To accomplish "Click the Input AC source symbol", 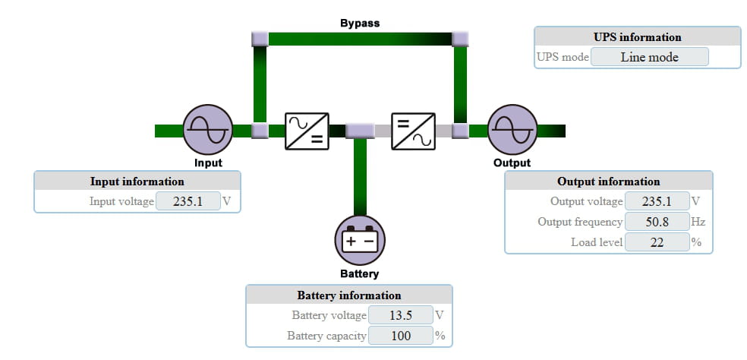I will [x=207, y=130].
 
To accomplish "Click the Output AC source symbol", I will [x=512, y=130].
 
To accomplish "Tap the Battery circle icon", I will [x=360, y=241].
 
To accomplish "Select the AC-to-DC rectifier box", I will [x=307, y=131].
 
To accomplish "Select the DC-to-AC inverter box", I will [x=413, y=131].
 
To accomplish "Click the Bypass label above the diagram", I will [x=360, y=23].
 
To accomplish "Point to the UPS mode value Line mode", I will [x=649, y=57].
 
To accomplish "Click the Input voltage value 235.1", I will [x=188, y=202].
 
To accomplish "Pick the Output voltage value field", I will [x=656, y=202].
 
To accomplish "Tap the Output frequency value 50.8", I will [x=656, y=222].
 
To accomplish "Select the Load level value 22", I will [x=656, y=242].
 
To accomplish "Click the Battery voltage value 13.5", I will [x=399, y=315].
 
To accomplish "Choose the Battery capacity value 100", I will [x=399, y=336].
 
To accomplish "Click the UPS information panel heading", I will [x=637, y=37].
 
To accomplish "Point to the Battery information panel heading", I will [x=348, y=295].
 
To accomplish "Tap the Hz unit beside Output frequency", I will [x=698, y=222].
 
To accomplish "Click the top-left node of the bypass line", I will [x=260, y=38].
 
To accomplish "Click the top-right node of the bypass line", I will [x=460, y=38].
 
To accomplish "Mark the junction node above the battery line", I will [x=360, y=131].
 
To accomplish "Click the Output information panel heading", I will [x=608, y=182].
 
